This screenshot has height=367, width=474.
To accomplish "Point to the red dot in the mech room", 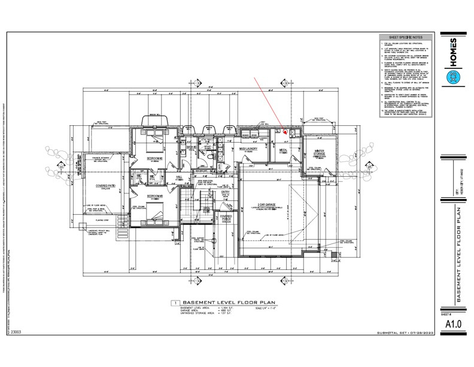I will [285, 133].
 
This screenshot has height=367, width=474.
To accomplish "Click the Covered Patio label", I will [105, 186].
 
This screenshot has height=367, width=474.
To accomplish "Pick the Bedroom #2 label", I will [156, 160].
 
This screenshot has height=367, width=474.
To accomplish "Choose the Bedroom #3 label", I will [156, 195].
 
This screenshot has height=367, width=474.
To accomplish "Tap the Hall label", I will [179, 178].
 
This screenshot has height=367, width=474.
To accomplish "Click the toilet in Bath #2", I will [212, 157].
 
